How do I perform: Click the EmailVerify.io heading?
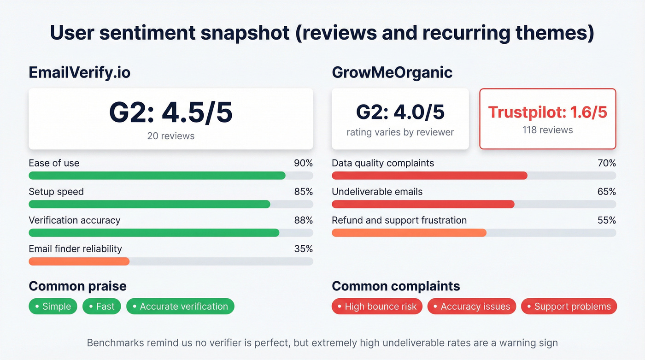tap(79, 72)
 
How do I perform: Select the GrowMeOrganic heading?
tap(392, 72)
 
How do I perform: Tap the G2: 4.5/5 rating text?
tap(171, 113)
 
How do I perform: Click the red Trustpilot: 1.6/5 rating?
tap(547, 112)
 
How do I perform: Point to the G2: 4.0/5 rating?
tap(400, 112)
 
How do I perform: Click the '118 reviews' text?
tap(547, 130)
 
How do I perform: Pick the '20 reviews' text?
tap(171, 136)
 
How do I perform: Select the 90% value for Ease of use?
tap(303, 163)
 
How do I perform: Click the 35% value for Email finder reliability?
tap(303, 249)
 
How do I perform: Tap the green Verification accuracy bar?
tap(154, 233)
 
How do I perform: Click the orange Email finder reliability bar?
tap(79, 261)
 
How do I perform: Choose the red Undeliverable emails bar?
tap(423, 204)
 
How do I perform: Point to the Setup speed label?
tap(56, 192)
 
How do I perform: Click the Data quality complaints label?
tap(383, 163)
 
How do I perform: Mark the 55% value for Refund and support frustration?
tap(606, 220)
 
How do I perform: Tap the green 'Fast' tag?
tap(102, 307)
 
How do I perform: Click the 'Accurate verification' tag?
tap(180, 307)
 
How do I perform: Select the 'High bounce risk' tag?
tap(377, 307)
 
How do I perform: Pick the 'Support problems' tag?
tap(569, 307)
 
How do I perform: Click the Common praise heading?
tap(77, 286)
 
